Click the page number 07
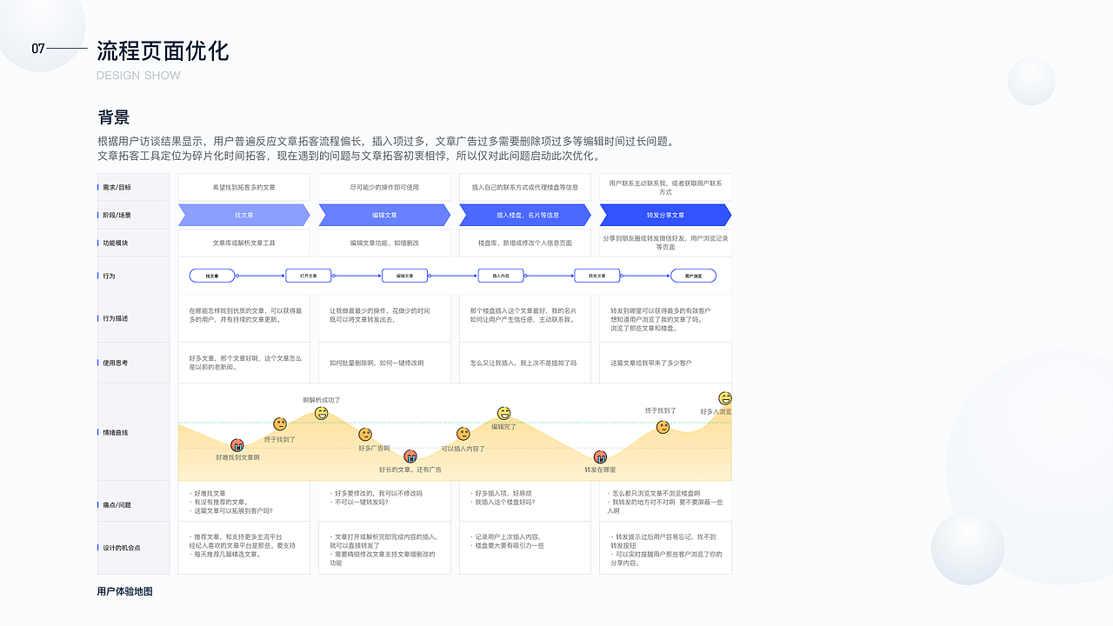(x=37, y=49)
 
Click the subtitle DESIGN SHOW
(x=138, y=76)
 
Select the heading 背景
(x=114, y=117)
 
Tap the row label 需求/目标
(x=117, y=187)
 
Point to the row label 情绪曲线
(x=116, y=432)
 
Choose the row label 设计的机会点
(x=122, y=548)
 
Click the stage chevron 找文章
(x=244, y=215)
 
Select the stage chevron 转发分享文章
(x=665, y=215)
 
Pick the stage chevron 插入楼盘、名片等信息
(x=525, y=215)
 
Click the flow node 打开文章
(x=309, y=276)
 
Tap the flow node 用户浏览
(x=693, y=276)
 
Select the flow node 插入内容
(x=501, y=276)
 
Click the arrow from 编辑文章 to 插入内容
(x=452, y=276)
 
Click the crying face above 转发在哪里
(x=600, y=457)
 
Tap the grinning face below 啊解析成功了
(x=322, y=413)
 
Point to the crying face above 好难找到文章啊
(x=237, y=445)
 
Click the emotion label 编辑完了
(x=503, y=427)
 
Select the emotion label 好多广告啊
(x=374, y=449)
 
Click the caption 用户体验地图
(x=125, y=591)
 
